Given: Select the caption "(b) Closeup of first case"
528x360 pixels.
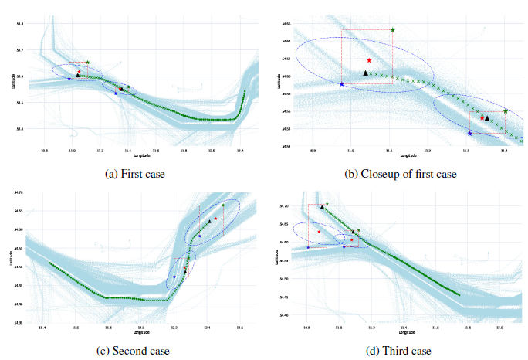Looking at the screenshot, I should (401, 174).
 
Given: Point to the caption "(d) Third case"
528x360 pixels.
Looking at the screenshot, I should (401, 351).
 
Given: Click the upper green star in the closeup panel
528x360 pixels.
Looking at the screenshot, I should (392, 30).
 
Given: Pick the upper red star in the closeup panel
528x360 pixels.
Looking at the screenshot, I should (369, 59).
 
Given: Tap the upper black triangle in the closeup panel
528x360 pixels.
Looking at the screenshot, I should (366, 73).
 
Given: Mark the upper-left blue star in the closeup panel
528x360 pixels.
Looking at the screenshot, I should (342, 83).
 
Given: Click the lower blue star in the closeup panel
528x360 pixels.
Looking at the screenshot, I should (470, 134).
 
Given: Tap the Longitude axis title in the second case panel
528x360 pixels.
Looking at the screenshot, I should (141, 333).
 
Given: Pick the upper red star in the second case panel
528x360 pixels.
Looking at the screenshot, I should (216, 219).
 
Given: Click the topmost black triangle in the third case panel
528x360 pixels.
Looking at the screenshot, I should (322, 207).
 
